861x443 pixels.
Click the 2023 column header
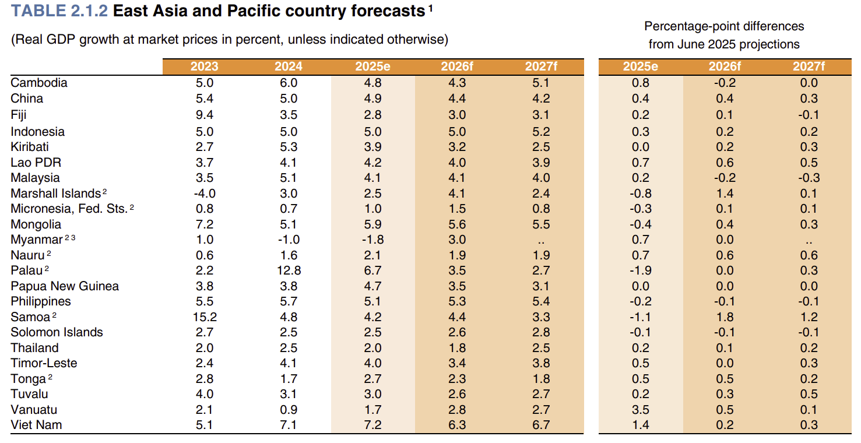click(205, 66)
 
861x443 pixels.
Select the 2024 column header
click(289, 66)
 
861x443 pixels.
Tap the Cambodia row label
click(39, 83)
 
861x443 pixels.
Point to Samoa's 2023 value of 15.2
click(205, 317)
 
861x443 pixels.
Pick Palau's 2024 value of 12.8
click(289, 270)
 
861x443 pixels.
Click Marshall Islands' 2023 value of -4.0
click(205, 194)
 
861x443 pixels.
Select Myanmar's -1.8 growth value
click(372, 240)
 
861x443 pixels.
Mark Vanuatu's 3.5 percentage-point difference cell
click(641, 410)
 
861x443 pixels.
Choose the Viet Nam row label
click(36, 425)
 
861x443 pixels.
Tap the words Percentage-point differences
click(723, 26)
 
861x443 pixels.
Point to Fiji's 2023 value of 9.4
click(205, 114)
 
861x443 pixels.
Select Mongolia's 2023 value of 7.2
click(205, 224)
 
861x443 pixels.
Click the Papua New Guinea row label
click(65, 286)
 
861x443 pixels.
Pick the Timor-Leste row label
click(44, 363)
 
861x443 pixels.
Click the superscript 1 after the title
click(430, 8)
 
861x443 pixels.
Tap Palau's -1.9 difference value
click(641, 270)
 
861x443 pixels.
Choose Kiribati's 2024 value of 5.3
click(289, 147)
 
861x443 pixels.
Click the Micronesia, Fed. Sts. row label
click(69, 209)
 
